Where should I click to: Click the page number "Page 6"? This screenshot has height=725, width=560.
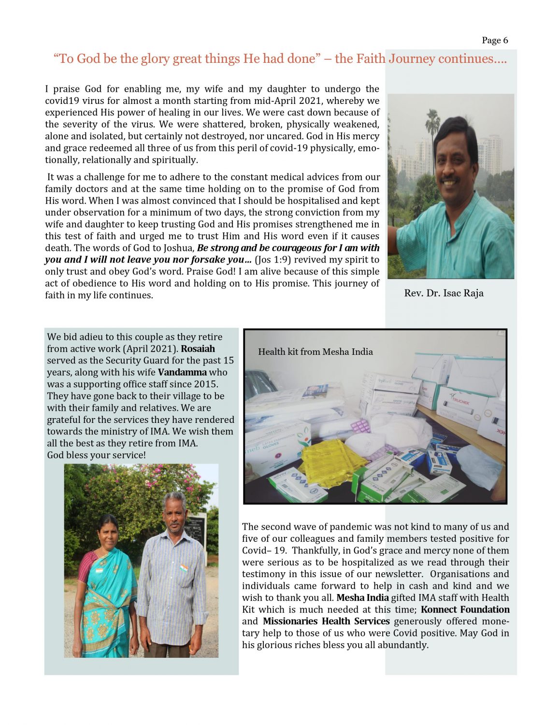click(x=494, y=40)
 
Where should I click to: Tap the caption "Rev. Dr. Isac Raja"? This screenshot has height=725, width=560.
click(x=444, y=293)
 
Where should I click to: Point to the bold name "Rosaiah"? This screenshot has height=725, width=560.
click(x=198, y=348)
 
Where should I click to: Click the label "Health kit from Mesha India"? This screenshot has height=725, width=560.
click(x=315, y=351)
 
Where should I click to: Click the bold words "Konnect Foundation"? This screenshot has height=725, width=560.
click(x=465, y=609)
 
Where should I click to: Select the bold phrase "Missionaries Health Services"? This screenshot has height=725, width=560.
click(x=326, y=621)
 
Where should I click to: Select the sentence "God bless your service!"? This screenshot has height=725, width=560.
click(x=96, y=455)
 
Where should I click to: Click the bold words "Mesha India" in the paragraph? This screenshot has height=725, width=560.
click(x=362, y=597)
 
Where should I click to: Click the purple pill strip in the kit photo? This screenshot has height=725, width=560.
click(x=359, y=426)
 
